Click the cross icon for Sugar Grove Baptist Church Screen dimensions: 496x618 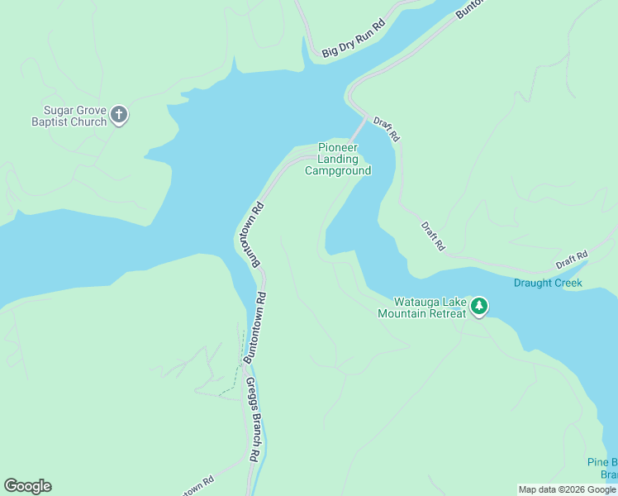tap(119, 114)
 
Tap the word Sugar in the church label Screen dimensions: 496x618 tap(60, 110)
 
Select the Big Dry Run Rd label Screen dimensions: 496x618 tap(354, 39)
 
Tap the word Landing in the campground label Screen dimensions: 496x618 tap(338, 160)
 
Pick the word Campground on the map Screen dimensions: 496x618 tap(338, 171)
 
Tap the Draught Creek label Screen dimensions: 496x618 tap(548, 283)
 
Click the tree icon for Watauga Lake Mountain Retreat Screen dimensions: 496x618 tap(479, 307)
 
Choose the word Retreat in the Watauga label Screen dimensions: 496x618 tap(444, 314)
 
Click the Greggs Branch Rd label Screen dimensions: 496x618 tap(254, 419)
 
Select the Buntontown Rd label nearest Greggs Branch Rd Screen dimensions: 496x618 tap(255, 329)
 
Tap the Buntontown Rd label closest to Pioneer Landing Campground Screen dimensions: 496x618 tap(250, 234)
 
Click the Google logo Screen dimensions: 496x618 tap(27, 486)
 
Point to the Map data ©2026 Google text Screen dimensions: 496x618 tap(567, 489)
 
